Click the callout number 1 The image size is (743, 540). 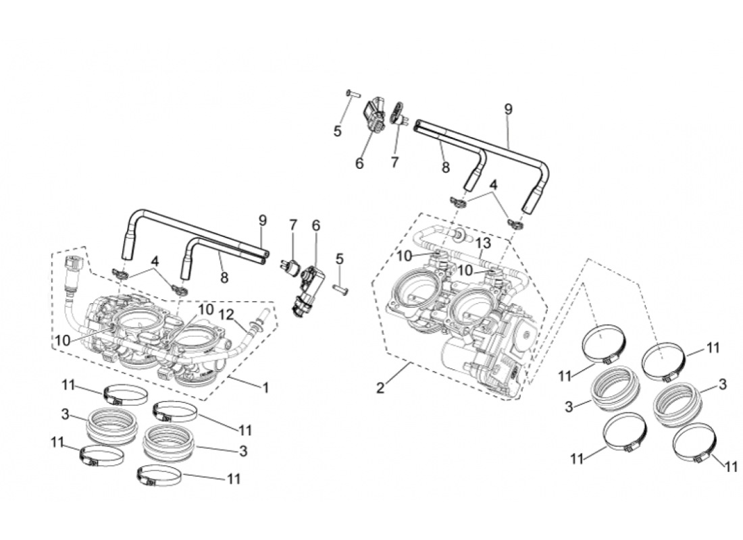pos(265,388)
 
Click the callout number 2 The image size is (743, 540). pos(380,387)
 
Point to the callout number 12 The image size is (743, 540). pos(227,315)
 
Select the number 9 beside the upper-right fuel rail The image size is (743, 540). pos(509,108)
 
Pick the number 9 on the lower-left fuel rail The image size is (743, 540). pos(262,220)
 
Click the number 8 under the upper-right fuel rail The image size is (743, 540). pos(445,168)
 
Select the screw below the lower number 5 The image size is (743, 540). pos(339,290)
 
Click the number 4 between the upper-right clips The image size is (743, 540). pos(494,184)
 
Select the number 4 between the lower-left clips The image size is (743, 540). pos(155,260)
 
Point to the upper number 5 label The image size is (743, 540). pos(337,131)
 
